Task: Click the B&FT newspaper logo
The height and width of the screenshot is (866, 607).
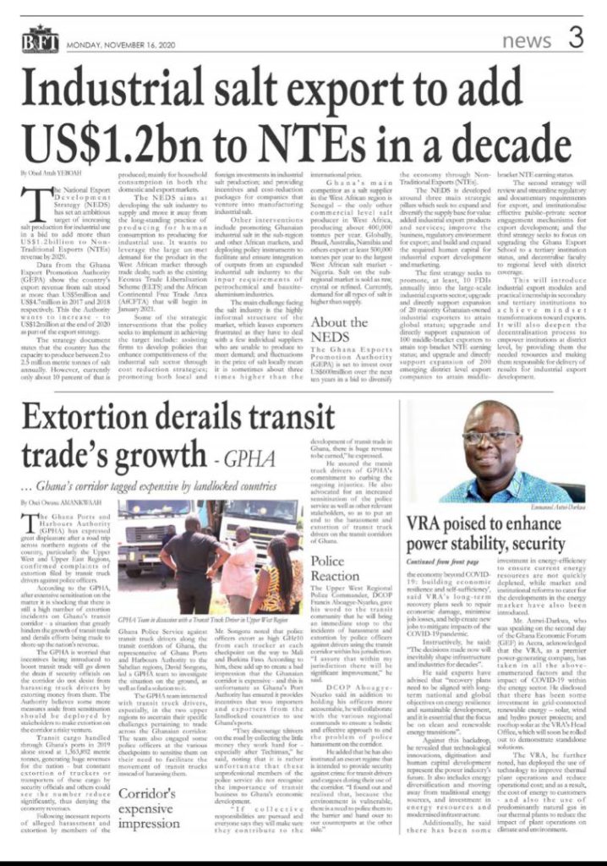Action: [39, 42]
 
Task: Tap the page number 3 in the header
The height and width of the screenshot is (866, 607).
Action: [575, 37]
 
